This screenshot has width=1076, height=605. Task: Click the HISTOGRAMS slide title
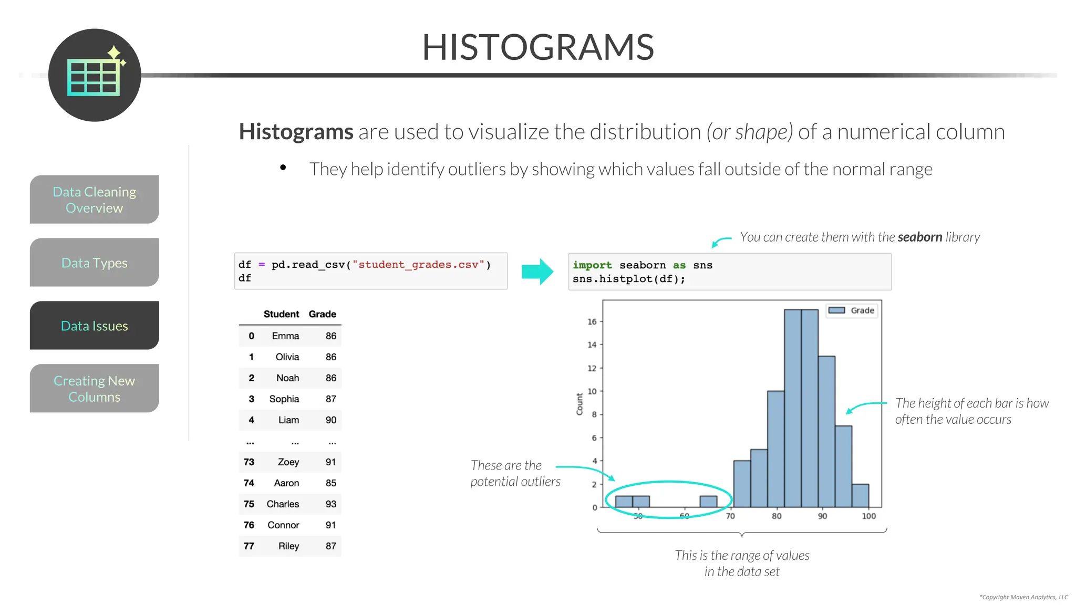pos(538,47)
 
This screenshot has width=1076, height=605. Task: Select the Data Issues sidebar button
pos(95,326)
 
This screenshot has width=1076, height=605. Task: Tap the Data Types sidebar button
pos(95,263)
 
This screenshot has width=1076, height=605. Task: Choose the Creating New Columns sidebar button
pos(95,389)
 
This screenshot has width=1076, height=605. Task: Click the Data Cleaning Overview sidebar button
pos(95,200)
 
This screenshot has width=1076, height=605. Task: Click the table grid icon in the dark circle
pos(94,78)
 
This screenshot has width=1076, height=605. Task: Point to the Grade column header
pos(322,314)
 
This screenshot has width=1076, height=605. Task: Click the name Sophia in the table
pos(284,399)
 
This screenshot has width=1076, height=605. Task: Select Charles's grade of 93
pos(330,504)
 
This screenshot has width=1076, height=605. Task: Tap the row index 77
pos(249,546)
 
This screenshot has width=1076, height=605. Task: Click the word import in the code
pos(592,265)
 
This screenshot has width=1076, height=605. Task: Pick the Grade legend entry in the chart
pos(851,310)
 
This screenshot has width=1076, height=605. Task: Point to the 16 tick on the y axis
pos(592,321)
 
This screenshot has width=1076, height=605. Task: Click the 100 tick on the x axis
pos(869,516)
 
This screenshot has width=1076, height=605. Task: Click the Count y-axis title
pos(580,404)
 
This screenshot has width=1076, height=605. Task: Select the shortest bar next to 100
pos(860,495)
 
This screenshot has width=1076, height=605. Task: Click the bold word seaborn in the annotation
pos(919,237)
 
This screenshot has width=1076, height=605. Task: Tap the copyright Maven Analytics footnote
pos(1023,597)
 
